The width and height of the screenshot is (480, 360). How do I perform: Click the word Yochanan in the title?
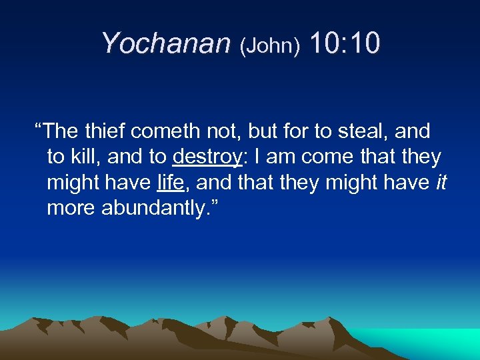pos(165,43)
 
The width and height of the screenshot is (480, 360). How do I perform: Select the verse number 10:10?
pos(345,43)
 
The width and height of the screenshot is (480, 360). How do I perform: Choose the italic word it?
pos(441,183)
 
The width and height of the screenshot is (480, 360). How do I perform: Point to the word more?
pos(71,209)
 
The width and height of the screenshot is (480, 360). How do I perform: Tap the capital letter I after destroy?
pos(257,157)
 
